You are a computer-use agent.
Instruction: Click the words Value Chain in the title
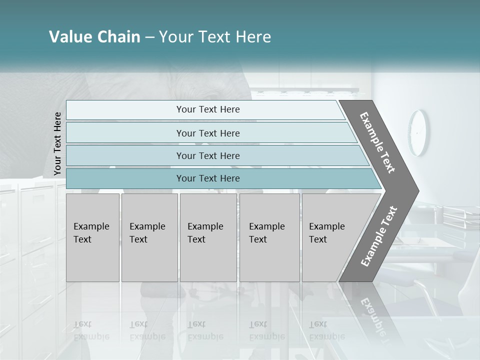coord(94,37)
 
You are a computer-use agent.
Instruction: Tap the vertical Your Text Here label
coord(57,143)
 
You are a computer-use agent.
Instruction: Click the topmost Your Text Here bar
coord(207,109)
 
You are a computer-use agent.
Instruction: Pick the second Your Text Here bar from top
coord(207,133)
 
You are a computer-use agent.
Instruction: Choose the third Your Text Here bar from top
coord(207,155)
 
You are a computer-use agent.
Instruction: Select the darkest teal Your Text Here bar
coord(207,178)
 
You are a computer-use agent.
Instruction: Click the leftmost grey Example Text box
coord(92,237)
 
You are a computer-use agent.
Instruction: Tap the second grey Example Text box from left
coord(149,237)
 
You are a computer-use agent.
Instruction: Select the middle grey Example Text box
coord(208,237)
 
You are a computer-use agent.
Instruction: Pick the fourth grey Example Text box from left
coord(269,237)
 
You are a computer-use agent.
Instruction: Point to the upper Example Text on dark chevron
coord(377,142)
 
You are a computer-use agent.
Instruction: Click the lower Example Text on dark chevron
coord(378,236)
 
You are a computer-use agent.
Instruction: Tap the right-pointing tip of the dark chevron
coord(416,190)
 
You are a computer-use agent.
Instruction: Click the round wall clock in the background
coord(418,132)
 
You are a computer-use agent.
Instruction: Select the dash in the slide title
coord(149,37)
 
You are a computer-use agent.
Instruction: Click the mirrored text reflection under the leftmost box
coord(91,330)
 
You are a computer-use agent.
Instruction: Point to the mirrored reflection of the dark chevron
coord(372,310)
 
